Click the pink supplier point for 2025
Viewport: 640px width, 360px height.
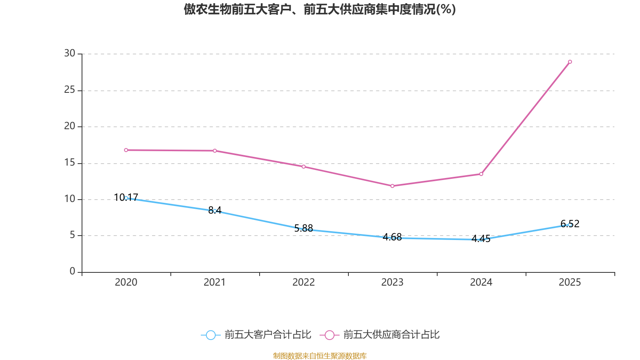click(x=570, y=62)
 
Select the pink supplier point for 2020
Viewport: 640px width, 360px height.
click(x=126, y=150)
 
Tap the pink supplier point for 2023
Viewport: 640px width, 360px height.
click(x=392, y=186)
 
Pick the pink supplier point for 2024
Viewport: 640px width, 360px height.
click(x=481, y=174)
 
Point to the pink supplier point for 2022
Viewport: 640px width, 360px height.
click(x=304, y=167)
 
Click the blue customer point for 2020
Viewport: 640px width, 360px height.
click(x=126, y=198)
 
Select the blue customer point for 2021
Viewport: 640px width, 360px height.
click(x=215, y=211)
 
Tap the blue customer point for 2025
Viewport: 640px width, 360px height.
click(x=570, y=225)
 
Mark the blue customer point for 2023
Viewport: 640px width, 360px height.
click(x=392, y=238)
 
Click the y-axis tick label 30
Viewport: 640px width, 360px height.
click(x=70, y=54)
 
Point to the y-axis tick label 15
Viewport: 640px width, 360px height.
click(x=70, y=163)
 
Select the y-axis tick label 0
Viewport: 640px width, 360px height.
click(x=72, y=272)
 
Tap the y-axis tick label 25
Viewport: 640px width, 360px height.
click(x=70, y=90)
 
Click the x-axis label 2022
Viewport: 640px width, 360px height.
click(x=304, y=282)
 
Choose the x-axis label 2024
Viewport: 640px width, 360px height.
click(x=481, y=282)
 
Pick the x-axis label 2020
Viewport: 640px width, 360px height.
click(x=126, y=282)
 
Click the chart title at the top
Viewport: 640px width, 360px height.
click(x=320, y=9)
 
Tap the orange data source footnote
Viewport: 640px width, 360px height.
click(x=320, y=356)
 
